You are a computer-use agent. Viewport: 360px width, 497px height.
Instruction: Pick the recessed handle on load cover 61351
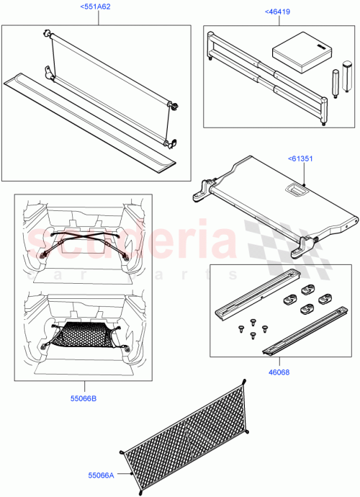[x=294, y=189]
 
